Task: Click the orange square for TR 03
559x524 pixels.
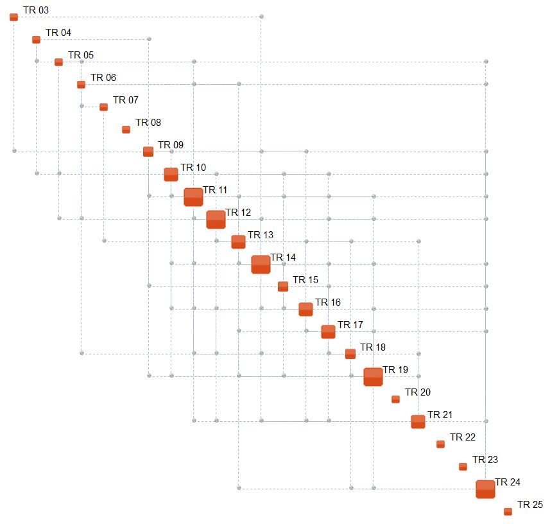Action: point(13,17)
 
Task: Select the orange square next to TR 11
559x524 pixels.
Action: point(193,197)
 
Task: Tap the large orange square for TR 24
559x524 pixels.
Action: point(485,489)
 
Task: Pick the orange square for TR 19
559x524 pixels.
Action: point(373,376)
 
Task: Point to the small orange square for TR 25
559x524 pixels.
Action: point(508,511)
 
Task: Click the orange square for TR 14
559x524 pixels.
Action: point(261,264)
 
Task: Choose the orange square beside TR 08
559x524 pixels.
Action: point(126,129)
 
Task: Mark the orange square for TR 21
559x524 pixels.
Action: point(418,421)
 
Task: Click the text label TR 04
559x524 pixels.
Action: point(58,33)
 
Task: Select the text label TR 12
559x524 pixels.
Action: point(238,213)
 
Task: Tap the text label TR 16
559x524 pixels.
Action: point(328,302)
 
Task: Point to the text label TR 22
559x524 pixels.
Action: point(463,437)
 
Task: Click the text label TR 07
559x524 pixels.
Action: point(126,100)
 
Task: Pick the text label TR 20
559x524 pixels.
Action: point(418,392)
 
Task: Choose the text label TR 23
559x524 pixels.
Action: point(485,460)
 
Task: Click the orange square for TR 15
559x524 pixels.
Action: point(283,286)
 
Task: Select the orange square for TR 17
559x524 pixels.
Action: point(328,331)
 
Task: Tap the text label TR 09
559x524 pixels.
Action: point(171,145)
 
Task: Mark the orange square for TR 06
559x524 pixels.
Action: point(81,84)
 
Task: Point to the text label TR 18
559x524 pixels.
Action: point(373,347)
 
